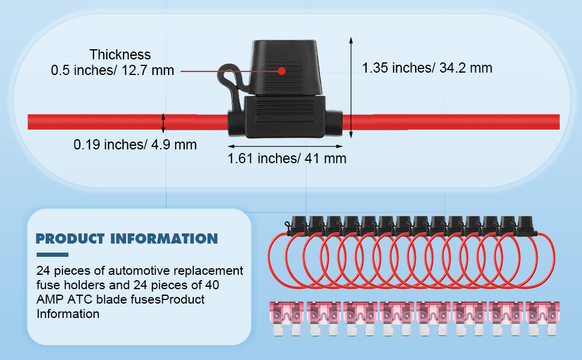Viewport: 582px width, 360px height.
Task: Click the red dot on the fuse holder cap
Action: click(x=282, y=71)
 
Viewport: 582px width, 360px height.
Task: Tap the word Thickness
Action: click(x=120, y=55)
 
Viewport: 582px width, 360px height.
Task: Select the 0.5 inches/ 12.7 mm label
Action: click(x=112, y=70)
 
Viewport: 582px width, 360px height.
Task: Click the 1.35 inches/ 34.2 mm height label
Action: click(x=427, y=68)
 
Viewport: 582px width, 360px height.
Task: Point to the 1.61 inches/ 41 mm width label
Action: click(x=287, y=158)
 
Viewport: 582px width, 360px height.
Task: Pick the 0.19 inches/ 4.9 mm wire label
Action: click(x=135, y=145)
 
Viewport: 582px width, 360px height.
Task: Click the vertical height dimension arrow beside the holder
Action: click(x=351, y=88)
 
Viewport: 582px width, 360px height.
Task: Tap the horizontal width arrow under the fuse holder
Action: click(x=285, y=146)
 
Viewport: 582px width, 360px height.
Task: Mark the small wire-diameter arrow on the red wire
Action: click(x=163, y=123)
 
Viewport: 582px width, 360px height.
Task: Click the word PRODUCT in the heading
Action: click(x=70, y=239)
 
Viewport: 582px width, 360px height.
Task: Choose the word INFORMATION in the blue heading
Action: click(x=164, y=239)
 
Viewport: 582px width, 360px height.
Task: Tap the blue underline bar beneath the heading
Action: click(x=52, y=254)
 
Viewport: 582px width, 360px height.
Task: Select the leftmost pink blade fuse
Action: click(x=286, y=319)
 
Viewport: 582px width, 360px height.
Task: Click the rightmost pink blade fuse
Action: click(x=542, y=319)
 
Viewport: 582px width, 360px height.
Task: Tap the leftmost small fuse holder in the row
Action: click(x=298, y=226)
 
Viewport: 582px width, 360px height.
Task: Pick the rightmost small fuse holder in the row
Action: click(x=526, y=226)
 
